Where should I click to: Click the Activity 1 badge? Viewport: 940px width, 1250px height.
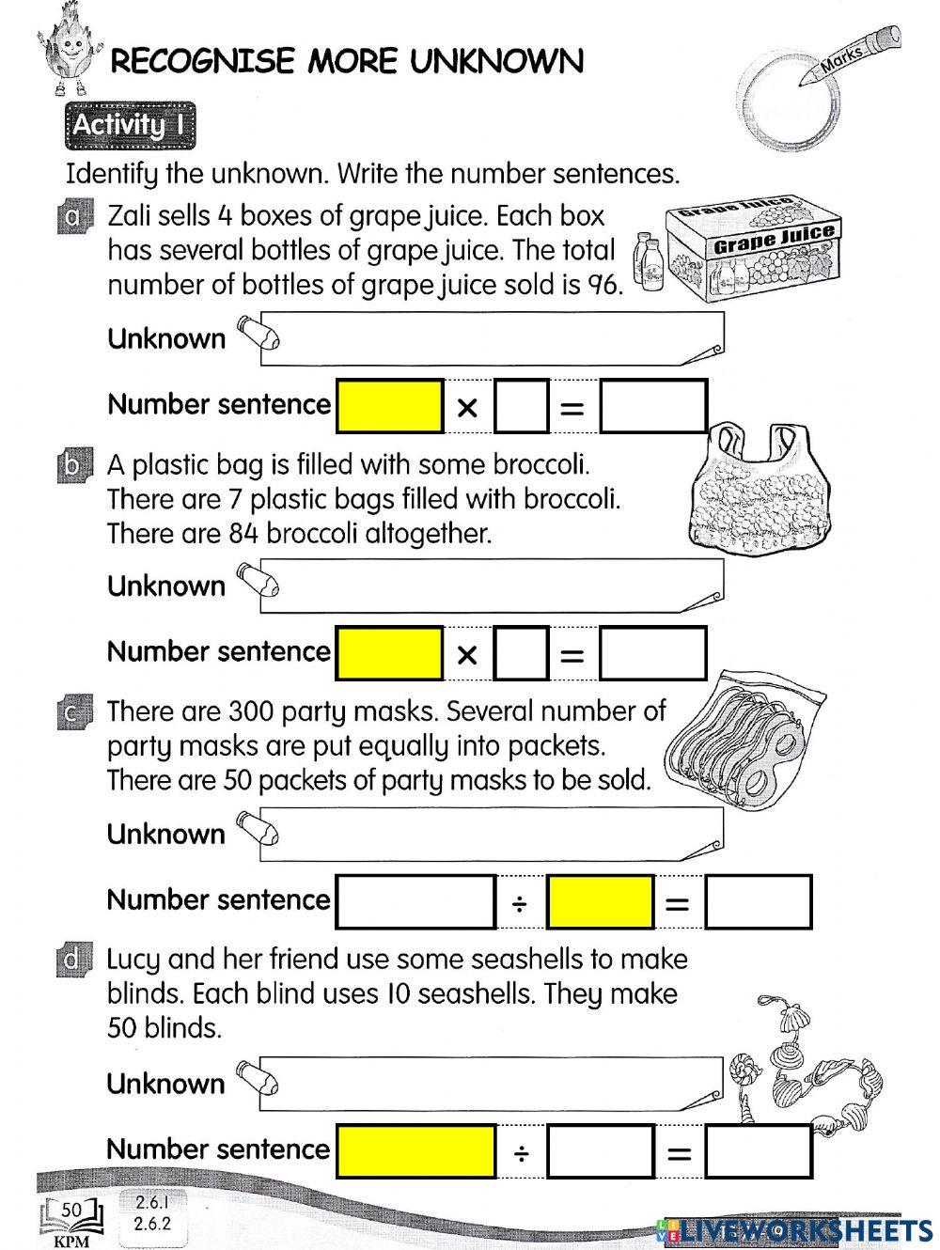click(131, 125)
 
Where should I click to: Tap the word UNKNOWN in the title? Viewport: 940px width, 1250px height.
click(497, 62)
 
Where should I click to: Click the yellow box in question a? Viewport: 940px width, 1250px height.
click(389, 406)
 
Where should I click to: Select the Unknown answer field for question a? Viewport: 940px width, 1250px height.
click(498, 339)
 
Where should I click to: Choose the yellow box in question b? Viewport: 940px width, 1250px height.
click(389, 653)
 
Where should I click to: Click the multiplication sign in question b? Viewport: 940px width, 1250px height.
click(467, 655)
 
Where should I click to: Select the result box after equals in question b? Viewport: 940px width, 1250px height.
click(653, 653)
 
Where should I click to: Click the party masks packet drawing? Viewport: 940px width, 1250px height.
click(743, 742)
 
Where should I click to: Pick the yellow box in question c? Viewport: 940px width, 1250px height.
click(601, 901)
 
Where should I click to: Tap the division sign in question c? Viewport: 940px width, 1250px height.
click(520, 903)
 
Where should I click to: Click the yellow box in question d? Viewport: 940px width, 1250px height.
click(415, 1150)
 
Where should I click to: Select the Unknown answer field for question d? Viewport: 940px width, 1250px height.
click(498, 1083)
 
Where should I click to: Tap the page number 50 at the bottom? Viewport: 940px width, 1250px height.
click(71, 1209)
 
